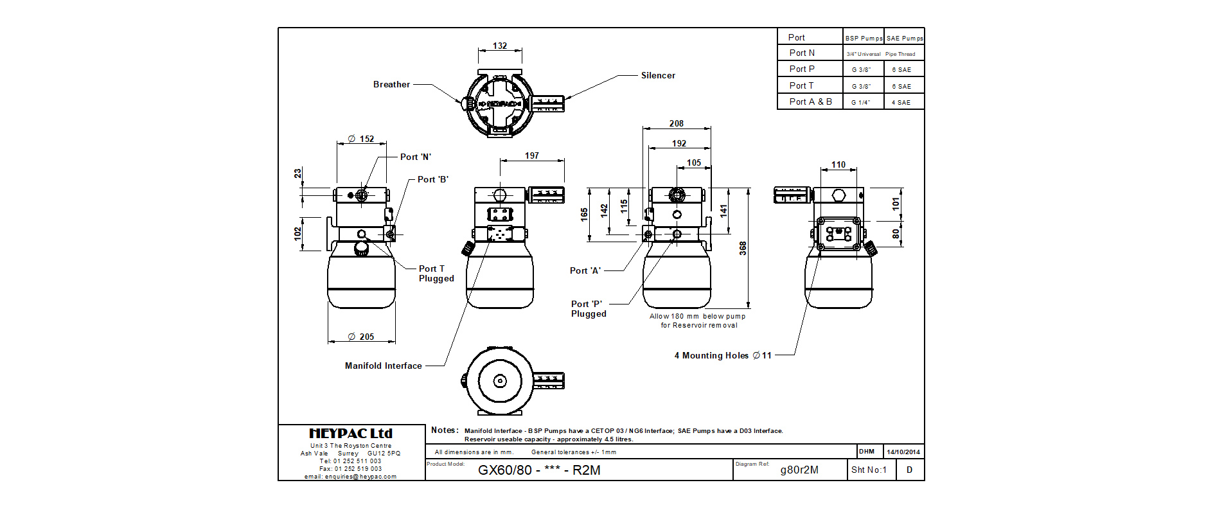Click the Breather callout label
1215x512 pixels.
[391, 85]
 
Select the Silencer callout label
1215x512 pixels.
[658, 76]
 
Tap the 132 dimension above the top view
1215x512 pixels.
[500, 46]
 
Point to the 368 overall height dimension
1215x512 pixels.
[743, 249]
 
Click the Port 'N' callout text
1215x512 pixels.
[415, 157]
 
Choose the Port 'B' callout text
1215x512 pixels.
[432, 180]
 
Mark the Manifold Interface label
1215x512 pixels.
[383, 366]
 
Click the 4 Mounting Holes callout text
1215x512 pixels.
[723, 356]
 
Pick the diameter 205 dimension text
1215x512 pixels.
[361, 337]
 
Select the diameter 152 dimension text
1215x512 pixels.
[361, 139]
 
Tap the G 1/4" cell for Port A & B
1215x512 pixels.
[861, 103]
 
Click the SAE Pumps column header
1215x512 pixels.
[905, 39]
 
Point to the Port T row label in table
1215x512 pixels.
[801, 85]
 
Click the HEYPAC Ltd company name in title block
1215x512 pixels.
[351, 434]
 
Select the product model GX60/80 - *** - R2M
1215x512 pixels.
[539, 470]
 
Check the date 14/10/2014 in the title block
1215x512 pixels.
[903, 452]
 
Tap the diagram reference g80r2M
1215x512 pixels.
[799, 470]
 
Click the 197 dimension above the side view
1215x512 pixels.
[532, 156]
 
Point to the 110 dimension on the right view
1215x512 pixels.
[838, 165]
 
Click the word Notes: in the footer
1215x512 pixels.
[445, 430]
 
